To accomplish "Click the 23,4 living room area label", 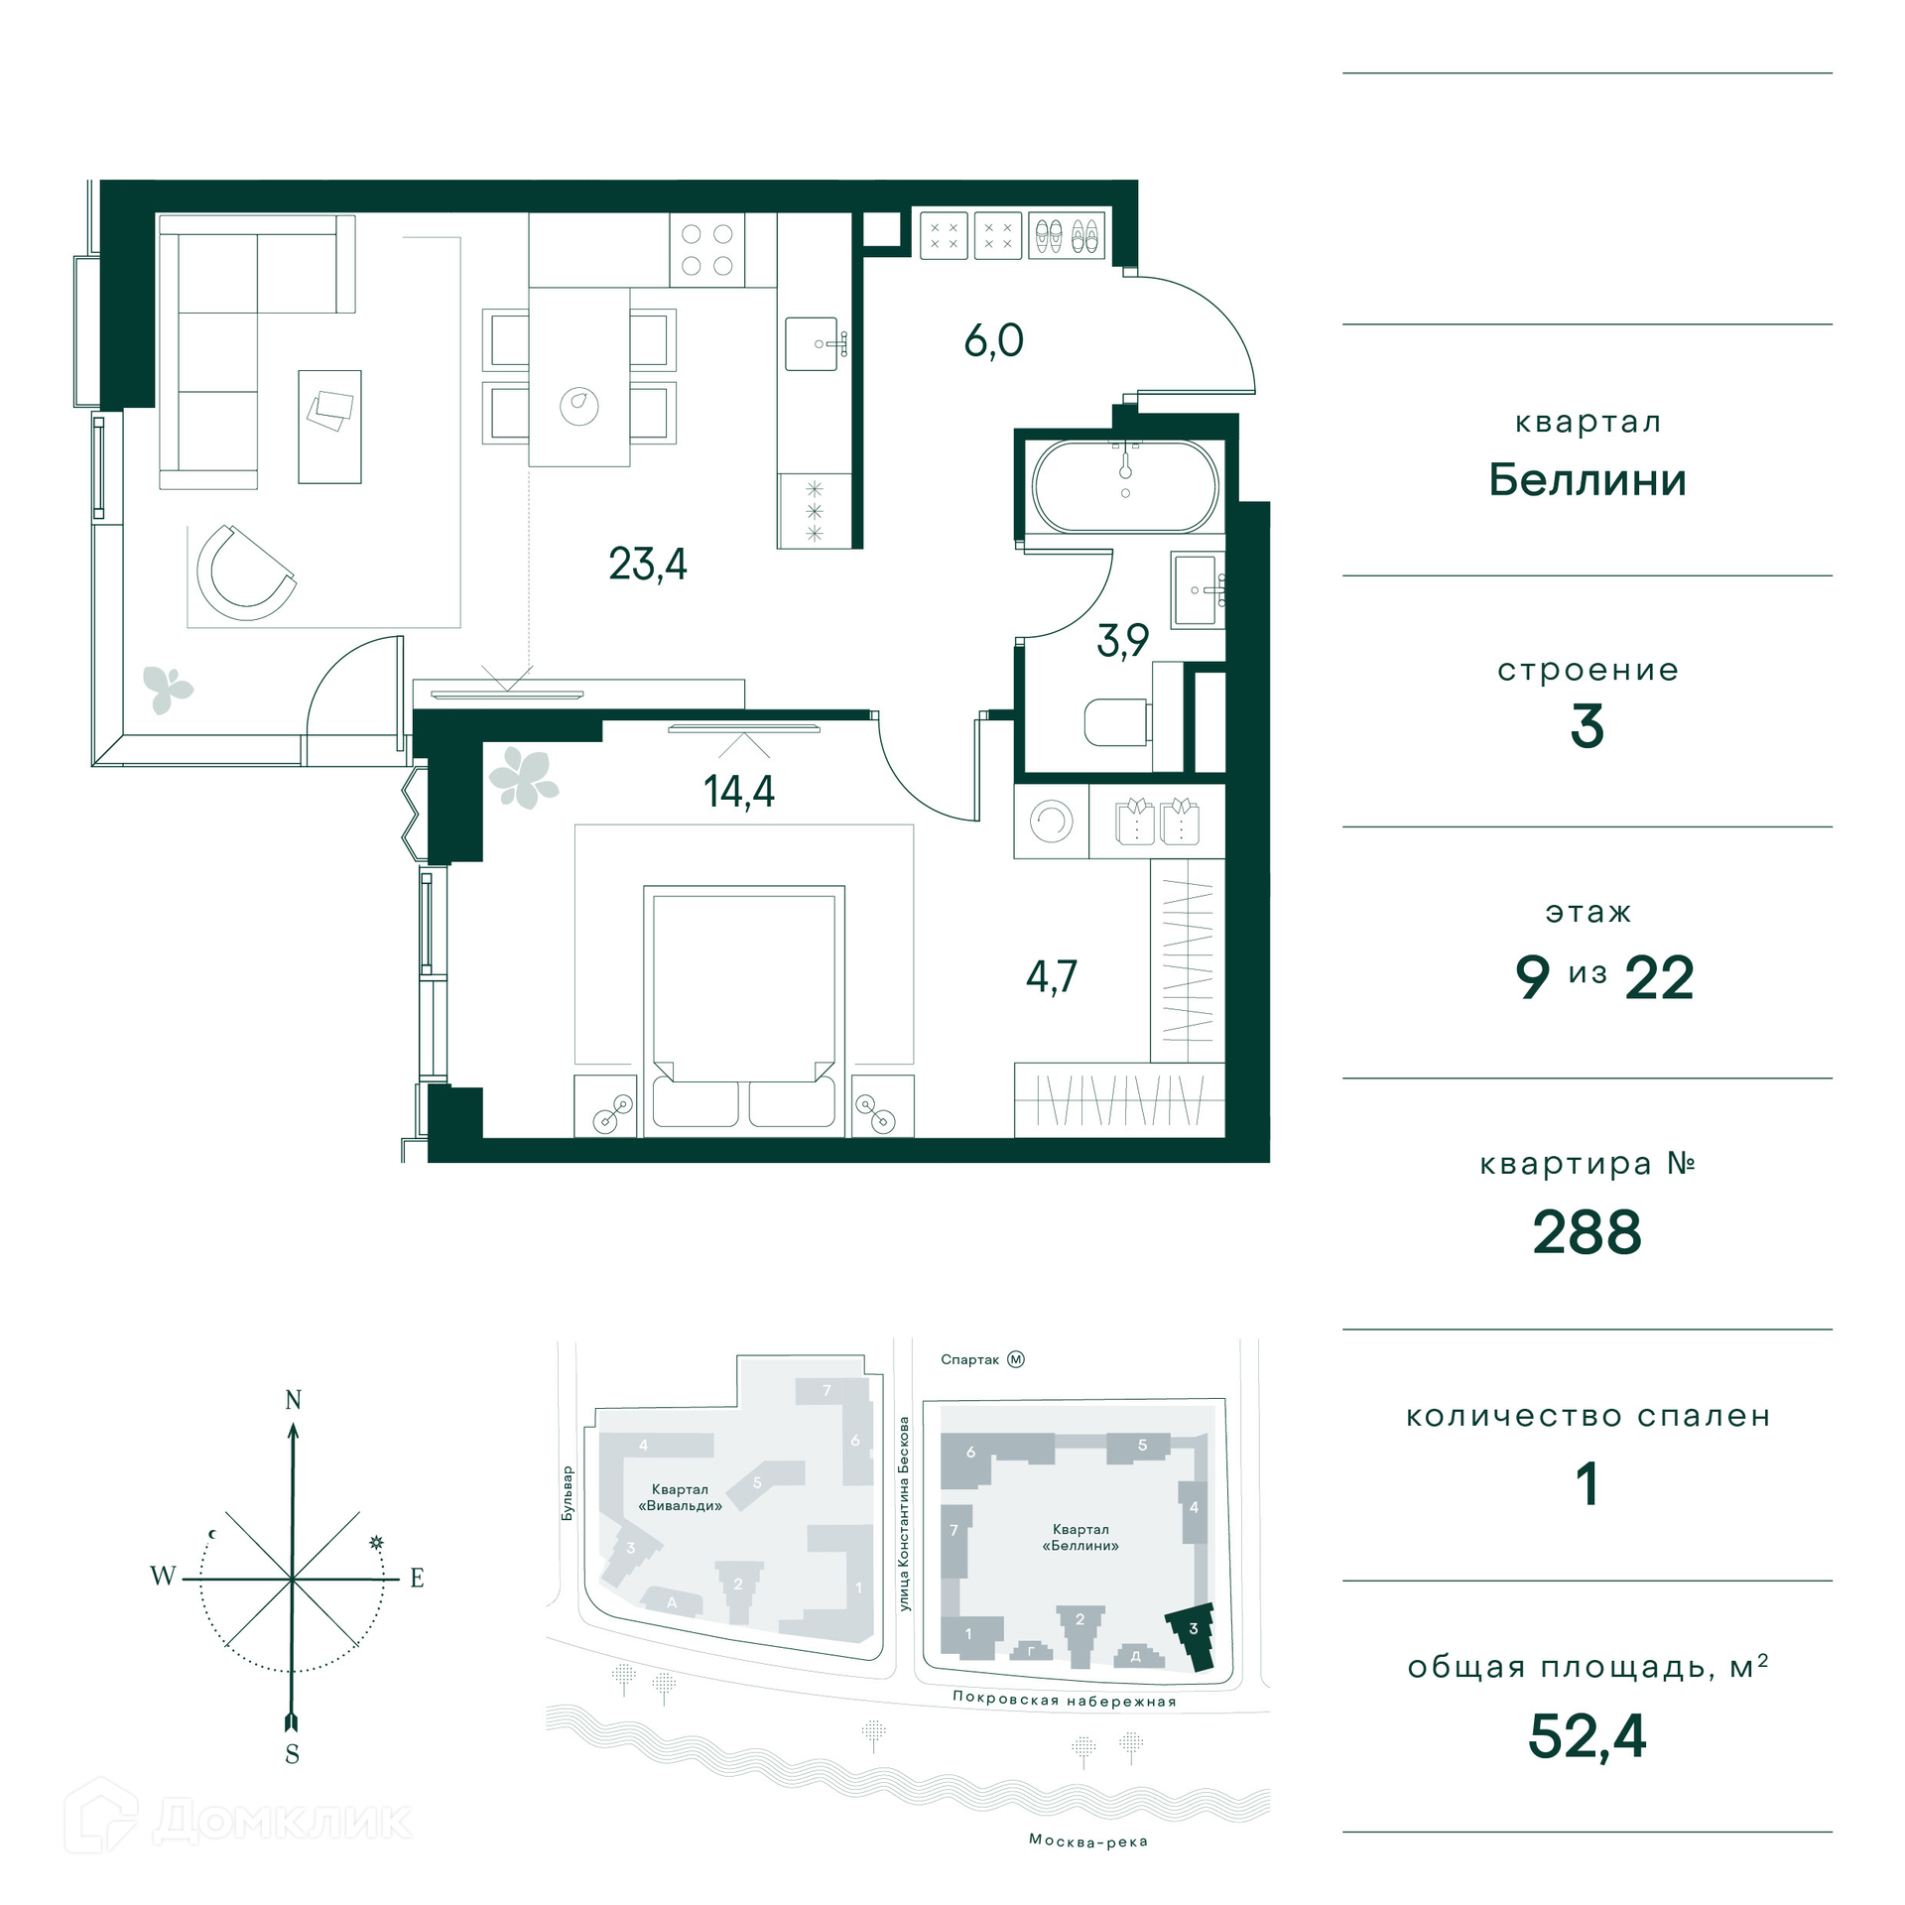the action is [647, 565].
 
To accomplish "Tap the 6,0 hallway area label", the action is [993, 340].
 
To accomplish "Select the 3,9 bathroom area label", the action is [1122, 640].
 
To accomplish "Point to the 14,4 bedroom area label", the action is [739, 791].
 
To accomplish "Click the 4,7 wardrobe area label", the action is [1051, 976].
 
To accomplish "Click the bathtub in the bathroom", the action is [1125, 486].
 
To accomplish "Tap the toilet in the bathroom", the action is [1117, 721].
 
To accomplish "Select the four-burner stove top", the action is [707, 250].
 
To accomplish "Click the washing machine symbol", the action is [1051, 822].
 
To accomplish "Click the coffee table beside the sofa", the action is [329, 427].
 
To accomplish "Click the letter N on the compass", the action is [294, 1400].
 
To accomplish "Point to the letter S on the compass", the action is [292, 1754].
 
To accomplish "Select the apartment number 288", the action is [1587, 1232].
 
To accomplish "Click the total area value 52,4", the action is [1587, 1736].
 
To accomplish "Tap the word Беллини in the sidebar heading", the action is [1587, 480].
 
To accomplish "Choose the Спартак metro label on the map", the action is [969, 1359].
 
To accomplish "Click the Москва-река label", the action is [1088, 1841].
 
